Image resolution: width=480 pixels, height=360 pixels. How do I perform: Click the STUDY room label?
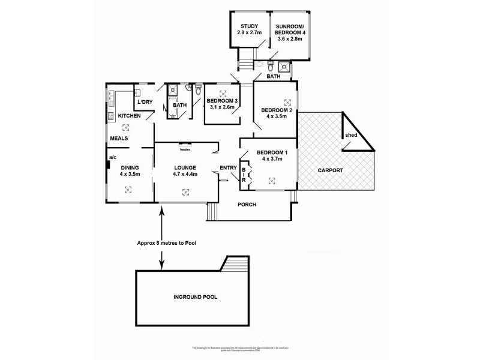[x=249, y=26]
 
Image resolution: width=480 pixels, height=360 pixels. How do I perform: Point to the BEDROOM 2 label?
[x=277, y=110]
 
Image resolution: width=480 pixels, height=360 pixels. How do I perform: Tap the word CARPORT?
[x=331, y=170]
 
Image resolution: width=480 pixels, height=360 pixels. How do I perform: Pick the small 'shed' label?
[x=351, y=135]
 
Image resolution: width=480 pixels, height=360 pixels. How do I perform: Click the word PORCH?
[x=247, y=205]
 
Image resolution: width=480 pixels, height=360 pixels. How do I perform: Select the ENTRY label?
[x=228, y=167]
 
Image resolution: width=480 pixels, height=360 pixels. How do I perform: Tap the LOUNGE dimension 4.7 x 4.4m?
[x=184, y=174]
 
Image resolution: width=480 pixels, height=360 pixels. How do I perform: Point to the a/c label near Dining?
[x=112, y=158]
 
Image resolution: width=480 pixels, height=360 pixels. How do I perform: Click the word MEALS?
[x=118, y=139]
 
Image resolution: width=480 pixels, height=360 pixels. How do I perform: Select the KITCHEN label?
[x=129, y=115]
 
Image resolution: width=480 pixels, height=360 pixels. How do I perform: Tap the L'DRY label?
[x=145, y=102]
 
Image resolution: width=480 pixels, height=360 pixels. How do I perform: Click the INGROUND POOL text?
[x=195, y=297]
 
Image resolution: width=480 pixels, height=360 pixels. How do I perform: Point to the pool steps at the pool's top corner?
[x=236, y=263]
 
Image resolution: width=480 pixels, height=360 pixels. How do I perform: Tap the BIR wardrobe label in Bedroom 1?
[x=244, y=175]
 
